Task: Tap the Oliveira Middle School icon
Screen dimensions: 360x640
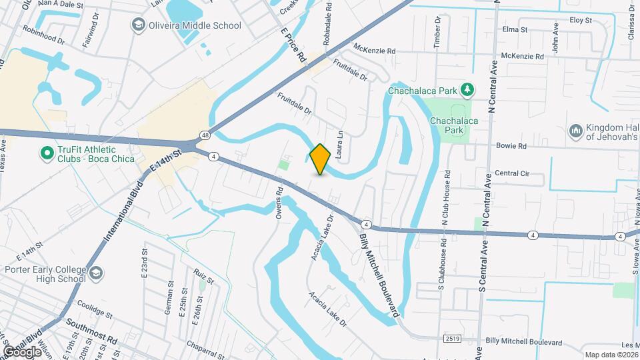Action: pos(138,26)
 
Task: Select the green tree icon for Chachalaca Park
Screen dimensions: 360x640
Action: pos(467,89)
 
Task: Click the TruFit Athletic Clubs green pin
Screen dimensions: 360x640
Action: pos(47,154)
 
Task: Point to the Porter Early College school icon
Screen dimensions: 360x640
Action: pos(97,273)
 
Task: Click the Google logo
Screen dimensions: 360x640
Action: pos(22,351)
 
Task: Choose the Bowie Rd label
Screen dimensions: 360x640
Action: pos(511,146)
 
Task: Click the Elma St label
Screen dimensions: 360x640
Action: pos(515,30)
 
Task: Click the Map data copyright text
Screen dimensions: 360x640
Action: pos(609,355)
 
